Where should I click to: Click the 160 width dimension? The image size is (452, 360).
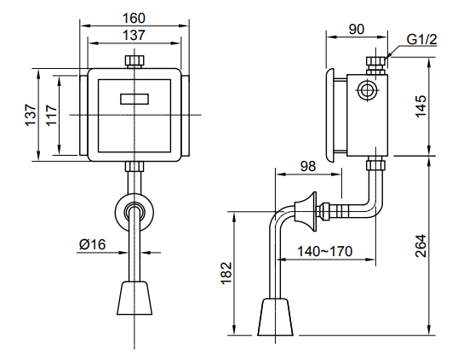click(x=134, y=16)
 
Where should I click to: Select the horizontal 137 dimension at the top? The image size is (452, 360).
click(x=134, y=35)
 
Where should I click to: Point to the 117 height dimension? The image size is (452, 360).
click(x=50, y=115)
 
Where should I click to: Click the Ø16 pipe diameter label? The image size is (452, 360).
click(x=92, y=244)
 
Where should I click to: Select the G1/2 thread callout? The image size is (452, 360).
click(x=421, y=39)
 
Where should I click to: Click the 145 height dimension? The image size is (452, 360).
click(x=421, y=107)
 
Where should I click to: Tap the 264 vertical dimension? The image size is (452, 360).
click(x=421, y=247)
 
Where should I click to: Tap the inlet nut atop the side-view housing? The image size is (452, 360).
click(x=373, y=64)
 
